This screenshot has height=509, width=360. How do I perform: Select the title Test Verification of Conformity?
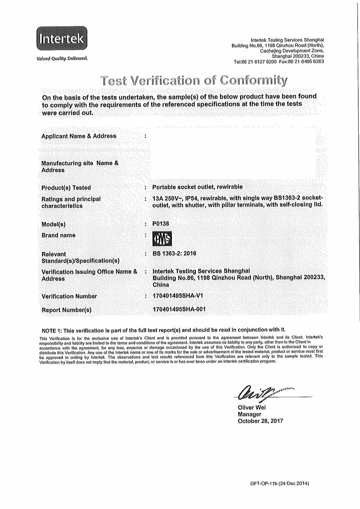(194, 79)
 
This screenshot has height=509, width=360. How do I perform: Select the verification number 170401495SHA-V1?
(180, 296)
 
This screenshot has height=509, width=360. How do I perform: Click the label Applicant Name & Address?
(78, 136)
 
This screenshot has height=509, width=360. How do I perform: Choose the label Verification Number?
(69, 296)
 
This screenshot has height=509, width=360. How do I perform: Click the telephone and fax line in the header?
(279, 62)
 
